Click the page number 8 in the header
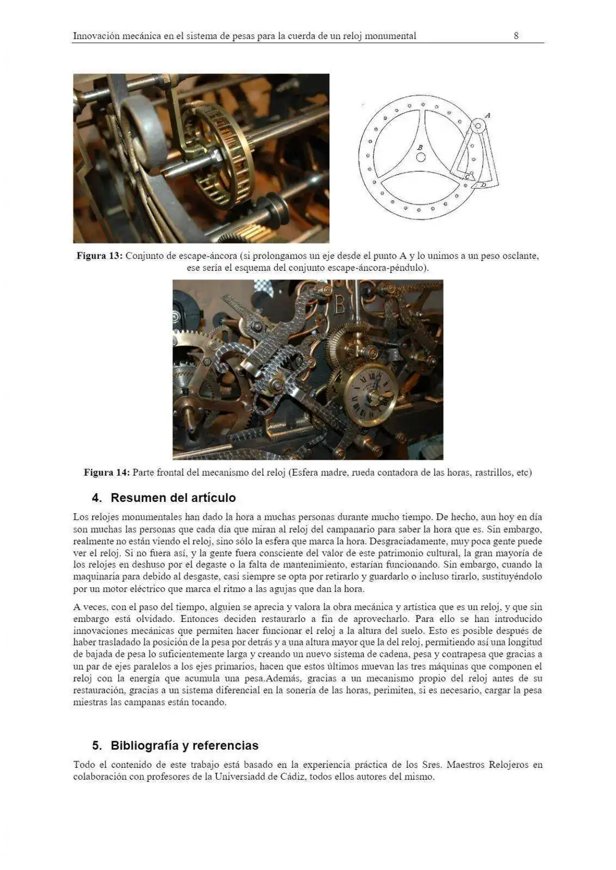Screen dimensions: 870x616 pyautogui.click(x=516, y=36)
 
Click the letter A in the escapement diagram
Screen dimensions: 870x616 pyautogui.click(x=488, y=115)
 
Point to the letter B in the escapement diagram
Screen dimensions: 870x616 pyautogui.click(x=420, y=147)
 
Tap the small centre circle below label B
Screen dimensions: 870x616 pyautogui.click(x=421, y=157)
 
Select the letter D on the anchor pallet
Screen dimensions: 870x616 pyautogui.click(x=482, y=185)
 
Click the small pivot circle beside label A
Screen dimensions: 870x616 pyautogui.click(x=478, y=126)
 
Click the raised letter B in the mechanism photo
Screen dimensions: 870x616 pyautogui.click(x=340, y=305)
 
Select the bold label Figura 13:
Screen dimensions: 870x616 pyautogui.click(x=100, y=256)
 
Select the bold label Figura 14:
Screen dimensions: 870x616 pyautogui.click(x=107, y=472)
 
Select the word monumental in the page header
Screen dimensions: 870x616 pyautogui.click(x=390, y=36)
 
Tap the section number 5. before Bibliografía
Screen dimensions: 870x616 pyautogui.click(x=97, y=745)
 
